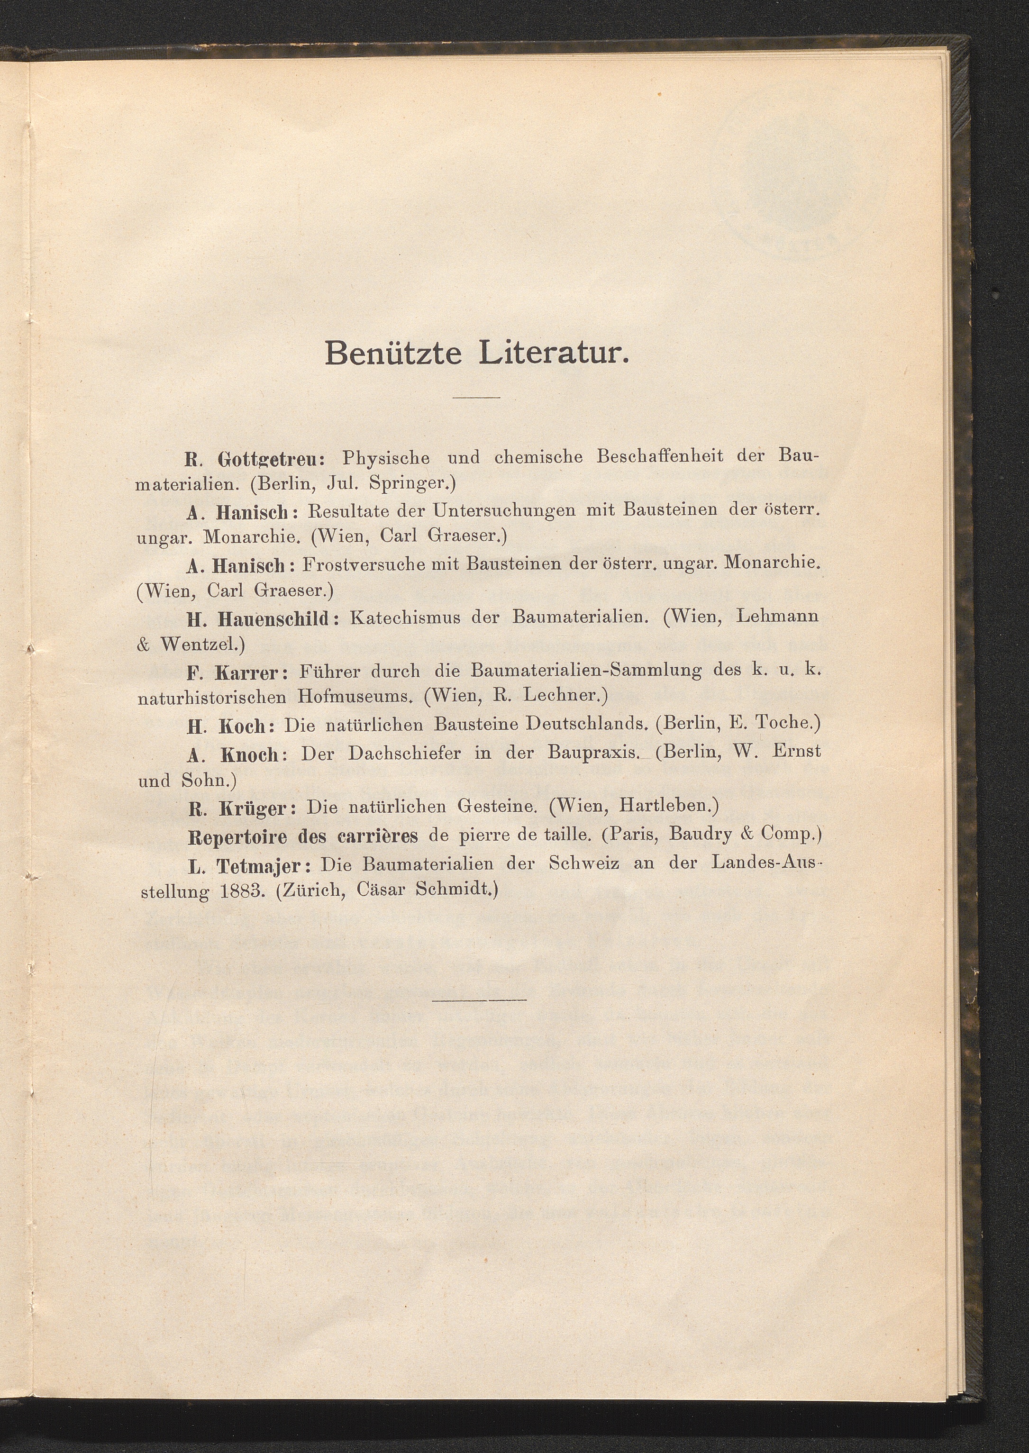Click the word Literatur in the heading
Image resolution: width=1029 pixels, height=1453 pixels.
553,352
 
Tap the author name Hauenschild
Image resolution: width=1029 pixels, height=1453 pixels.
273,618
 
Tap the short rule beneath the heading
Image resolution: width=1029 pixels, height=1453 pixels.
476,397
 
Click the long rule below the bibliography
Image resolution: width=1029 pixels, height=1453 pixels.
479,999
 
